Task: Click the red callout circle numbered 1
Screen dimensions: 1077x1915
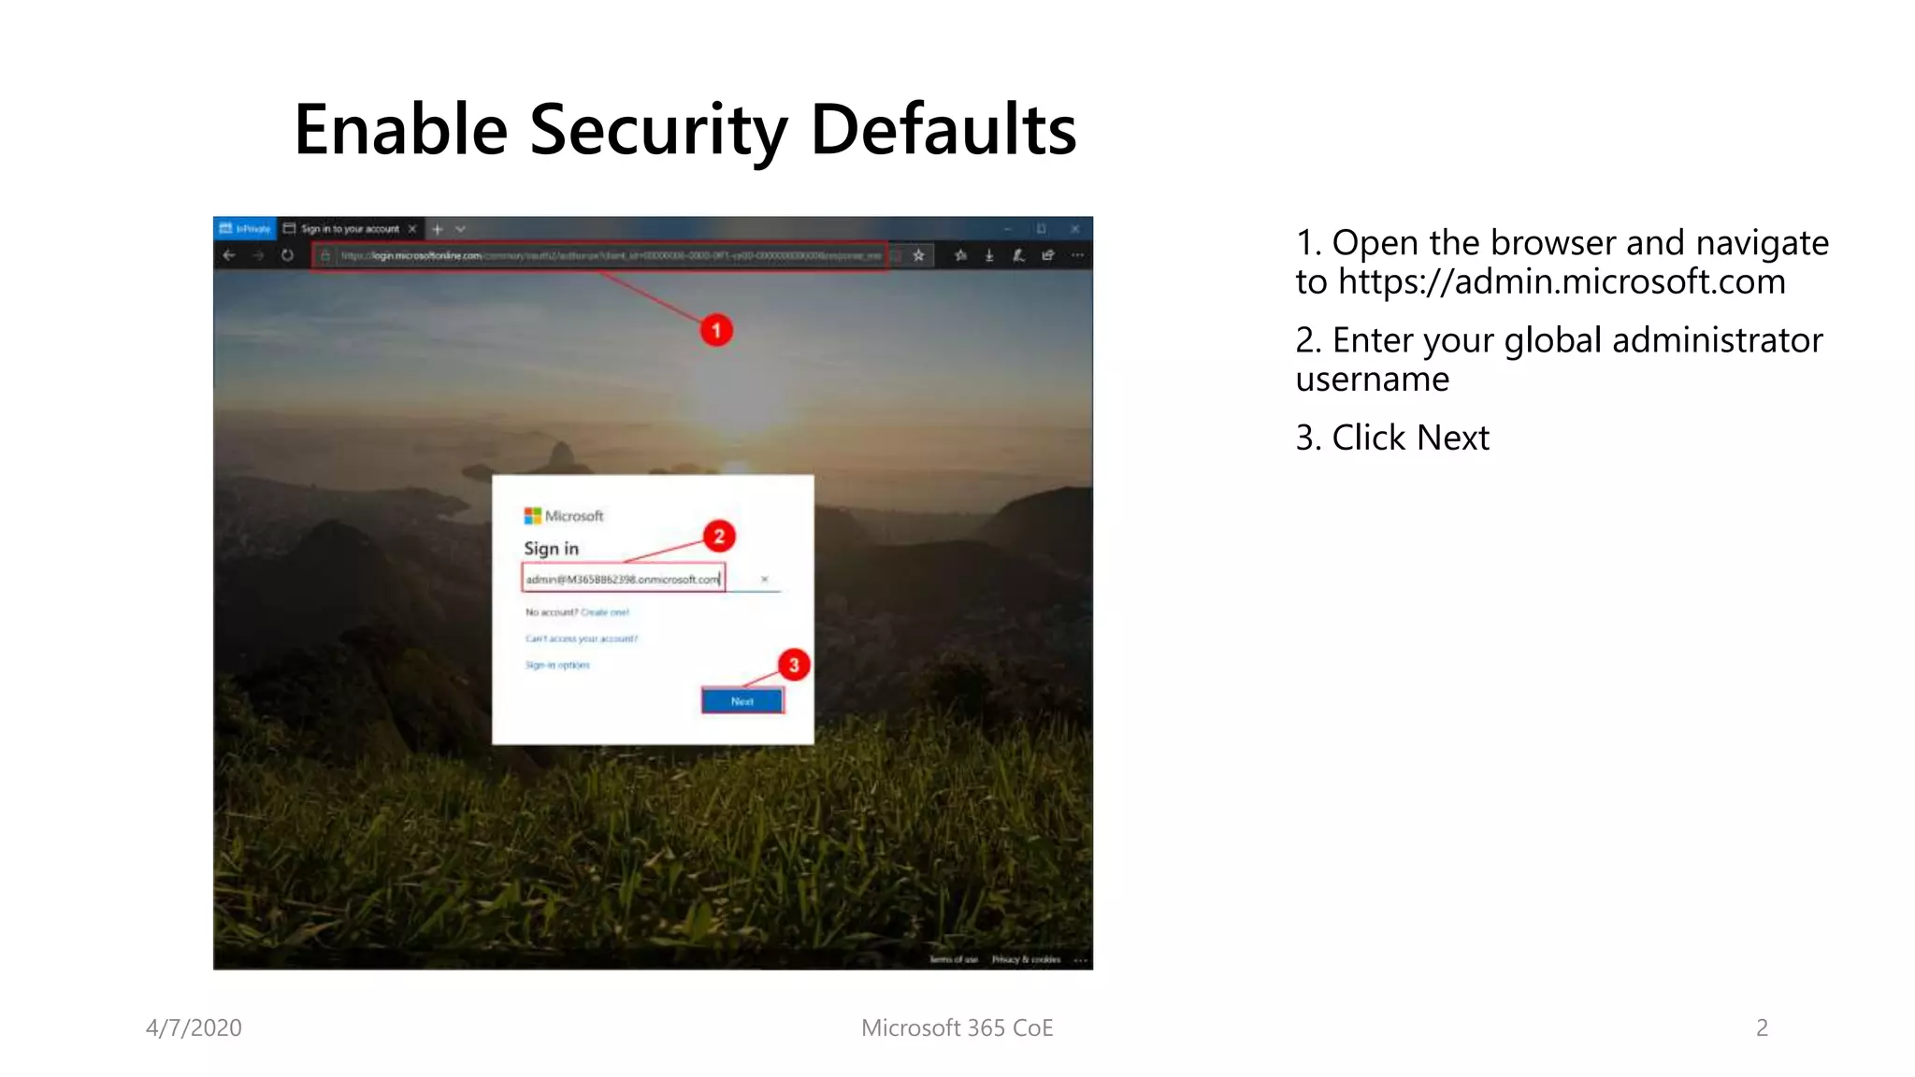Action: coord(716,330)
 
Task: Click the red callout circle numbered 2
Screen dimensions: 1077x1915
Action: coord(719,536)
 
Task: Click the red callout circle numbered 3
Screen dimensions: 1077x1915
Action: coord(794,665)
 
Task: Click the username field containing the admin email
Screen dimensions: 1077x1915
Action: coord(623,580)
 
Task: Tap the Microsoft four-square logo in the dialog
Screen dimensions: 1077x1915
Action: coord(532,516)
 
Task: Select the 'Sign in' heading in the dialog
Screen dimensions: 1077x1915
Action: coord(551,549)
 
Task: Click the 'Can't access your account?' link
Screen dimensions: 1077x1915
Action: coord(581,639)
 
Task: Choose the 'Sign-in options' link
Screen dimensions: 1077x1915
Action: coord(557,665)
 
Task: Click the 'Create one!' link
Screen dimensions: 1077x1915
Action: coord(605,612)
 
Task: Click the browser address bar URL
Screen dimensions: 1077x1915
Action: coord(598,255)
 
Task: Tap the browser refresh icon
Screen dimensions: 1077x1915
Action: coord(287,255)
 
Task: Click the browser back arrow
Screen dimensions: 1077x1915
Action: coord(229,255)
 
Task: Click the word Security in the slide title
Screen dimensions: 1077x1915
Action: coord(658,129)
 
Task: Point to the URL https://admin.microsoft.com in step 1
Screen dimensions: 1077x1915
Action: coord(1562,281)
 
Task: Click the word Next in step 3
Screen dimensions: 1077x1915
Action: coord(1452,438)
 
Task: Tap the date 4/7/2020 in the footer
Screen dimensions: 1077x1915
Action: coord(194,1027)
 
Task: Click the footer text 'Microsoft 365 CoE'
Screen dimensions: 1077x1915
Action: coord(957,1027)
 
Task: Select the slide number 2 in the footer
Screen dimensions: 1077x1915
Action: coord(1762,1027)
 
